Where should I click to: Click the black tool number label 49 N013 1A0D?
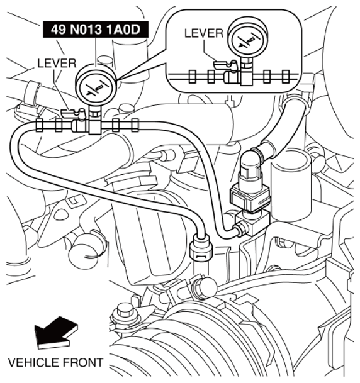tap(96, 30)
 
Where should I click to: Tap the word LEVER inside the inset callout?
tap(204, 33)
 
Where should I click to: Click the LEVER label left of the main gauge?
tap(57, 64)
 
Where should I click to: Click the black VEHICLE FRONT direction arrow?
tap(55, 333)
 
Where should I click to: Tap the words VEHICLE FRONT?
tap(56, 362)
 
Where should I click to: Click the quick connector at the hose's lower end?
tap(201, 247)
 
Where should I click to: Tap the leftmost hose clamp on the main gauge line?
tap(40, 125)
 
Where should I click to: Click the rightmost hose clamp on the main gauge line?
tap(135, 125)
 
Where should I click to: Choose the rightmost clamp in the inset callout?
tap(286, 77)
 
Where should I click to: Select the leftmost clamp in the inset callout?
tap(193, 77)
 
